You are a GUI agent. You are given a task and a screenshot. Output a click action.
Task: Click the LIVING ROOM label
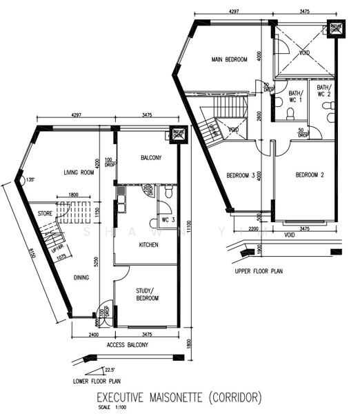79,173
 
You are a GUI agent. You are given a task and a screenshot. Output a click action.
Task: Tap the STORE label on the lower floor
45,214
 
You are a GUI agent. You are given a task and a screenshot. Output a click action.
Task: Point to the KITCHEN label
149,245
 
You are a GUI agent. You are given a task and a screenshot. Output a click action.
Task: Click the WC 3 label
167,220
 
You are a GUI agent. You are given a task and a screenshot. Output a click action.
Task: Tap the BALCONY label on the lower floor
151,158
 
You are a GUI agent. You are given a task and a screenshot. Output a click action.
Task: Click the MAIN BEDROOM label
229,60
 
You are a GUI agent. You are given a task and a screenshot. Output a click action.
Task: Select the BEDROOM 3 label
241,175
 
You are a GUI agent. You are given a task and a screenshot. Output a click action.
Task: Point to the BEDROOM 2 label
310,175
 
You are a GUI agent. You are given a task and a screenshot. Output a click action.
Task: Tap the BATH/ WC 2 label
323,91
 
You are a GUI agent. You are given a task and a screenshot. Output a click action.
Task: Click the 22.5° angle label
110,370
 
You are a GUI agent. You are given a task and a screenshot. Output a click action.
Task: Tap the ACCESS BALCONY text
128,345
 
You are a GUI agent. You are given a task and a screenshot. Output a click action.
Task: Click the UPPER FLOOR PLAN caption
259,271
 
